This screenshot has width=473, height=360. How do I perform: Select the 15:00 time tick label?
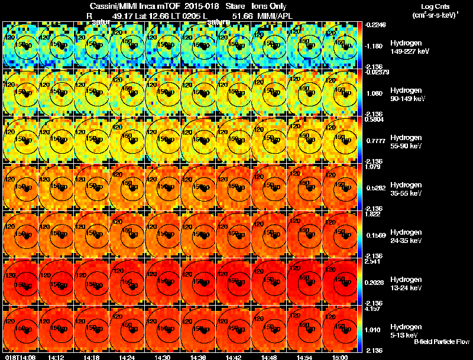click(340, 357)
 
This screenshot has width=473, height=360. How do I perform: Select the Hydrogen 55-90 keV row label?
click(406, 141)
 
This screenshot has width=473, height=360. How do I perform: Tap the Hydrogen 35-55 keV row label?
click(406, 189)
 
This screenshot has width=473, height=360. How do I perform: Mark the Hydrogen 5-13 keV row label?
click(405, 330)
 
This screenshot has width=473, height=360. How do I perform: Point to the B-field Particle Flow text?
click(442, 342)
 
